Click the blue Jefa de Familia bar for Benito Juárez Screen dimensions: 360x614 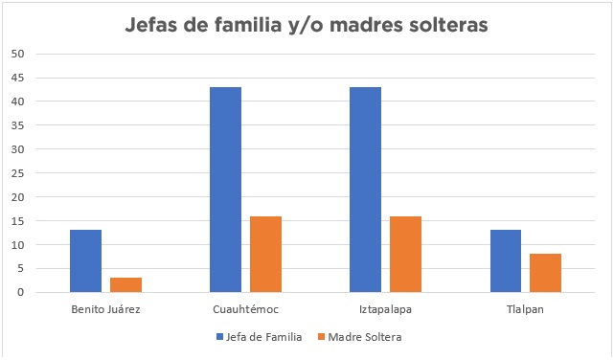click(85, 261)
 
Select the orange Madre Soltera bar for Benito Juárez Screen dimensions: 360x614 click(125, 285)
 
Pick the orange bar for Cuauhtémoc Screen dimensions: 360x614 click(265, 255)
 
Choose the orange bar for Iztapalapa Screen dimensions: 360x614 click(405, 255)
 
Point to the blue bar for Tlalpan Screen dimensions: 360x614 click(505, 261)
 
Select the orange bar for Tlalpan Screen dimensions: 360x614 click(545, 273)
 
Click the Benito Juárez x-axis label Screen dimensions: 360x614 click(105, 310)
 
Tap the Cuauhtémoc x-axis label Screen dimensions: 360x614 click(245, 310)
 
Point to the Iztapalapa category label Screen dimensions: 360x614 click(385, 310)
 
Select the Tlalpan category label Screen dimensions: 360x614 click(525, 310)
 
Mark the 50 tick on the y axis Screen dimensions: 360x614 click(17, 54)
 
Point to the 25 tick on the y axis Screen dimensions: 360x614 click(17, 173)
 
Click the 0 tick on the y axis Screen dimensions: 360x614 click(20, 293)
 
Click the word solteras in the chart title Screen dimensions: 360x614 click(437, 25)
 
